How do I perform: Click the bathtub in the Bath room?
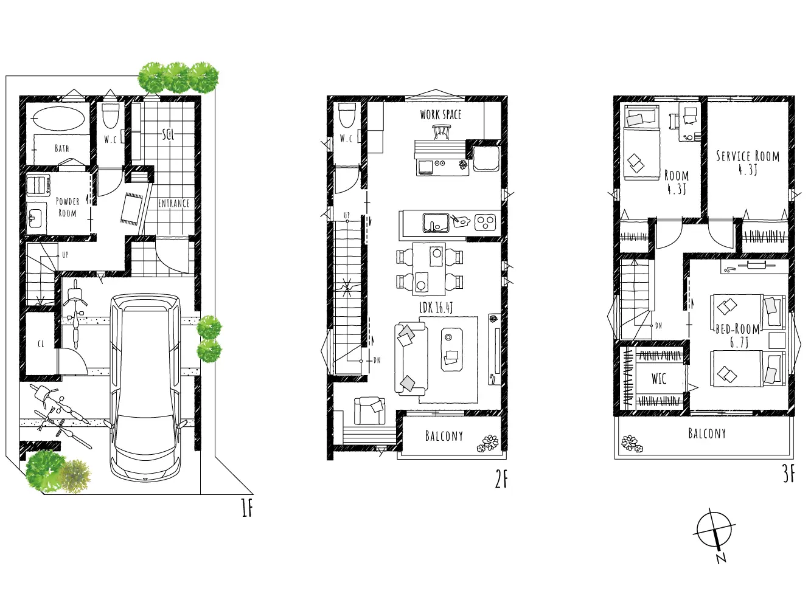click(x=59, y=118)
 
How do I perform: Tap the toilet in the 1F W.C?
click(x=110, y=115)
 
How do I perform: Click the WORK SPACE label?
click(x=440, y=114)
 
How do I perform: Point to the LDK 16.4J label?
click(x=436, y=308)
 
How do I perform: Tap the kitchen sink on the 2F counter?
click(x=436, y=223)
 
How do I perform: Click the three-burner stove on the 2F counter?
click(x=485, y=223)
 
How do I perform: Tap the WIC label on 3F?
click(x=659, y=379)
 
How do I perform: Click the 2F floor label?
click(x=501, y=480)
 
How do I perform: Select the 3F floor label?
click(x=788, y=475)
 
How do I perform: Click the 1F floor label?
click(x=247, y=508)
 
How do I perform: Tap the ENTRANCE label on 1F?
click(x=173, y=204)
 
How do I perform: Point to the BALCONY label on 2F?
click(x=444, y=436)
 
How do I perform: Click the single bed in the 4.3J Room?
click(x=642, y=142)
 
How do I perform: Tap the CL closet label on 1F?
click(x=41, y=344)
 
